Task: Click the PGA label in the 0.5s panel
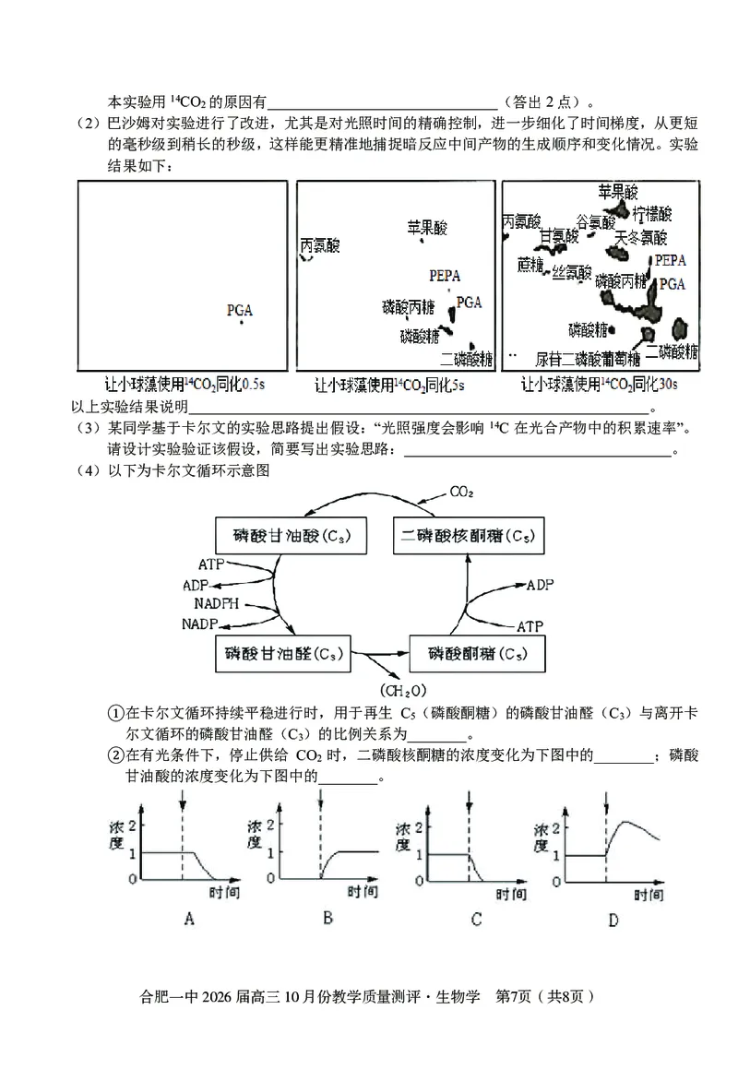point(240,311)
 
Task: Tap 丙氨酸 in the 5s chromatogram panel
point(320,245)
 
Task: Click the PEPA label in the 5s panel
point(445,275)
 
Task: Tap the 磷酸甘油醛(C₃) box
point(284,654)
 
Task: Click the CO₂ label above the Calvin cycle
point(462,493)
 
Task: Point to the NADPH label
point(217,604)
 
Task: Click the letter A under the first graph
point(189,919)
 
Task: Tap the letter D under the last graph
point(613,920)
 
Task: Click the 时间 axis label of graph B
point(363,892)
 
